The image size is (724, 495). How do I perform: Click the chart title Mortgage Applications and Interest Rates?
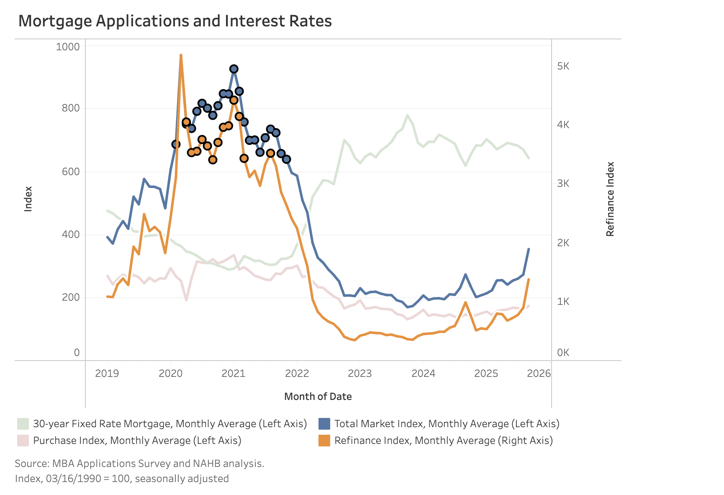175,21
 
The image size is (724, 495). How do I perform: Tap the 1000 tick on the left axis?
68,46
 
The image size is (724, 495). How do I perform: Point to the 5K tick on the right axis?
563,66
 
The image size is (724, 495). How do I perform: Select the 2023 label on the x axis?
359,373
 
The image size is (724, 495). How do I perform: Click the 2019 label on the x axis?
107,373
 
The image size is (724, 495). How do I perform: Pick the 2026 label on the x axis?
539,373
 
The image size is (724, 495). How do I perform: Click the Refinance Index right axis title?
610,199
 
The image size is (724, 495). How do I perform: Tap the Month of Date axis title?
318,396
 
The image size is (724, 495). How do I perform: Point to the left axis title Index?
28,199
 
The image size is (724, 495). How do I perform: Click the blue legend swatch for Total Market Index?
324,424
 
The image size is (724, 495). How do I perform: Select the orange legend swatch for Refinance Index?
324,441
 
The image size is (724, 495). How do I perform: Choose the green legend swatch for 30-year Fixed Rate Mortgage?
23,424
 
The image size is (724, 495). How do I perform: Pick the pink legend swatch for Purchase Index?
23,441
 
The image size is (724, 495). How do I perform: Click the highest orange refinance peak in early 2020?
181,55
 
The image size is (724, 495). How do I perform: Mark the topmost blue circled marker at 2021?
234,69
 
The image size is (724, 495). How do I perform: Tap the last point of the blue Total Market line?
529,249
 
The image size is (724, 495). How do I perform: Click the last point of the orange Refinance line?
529,279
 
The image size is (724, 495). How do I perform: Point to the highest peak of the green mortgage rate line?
407,115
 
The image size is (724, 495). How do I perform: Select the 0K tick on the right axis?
563,353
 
